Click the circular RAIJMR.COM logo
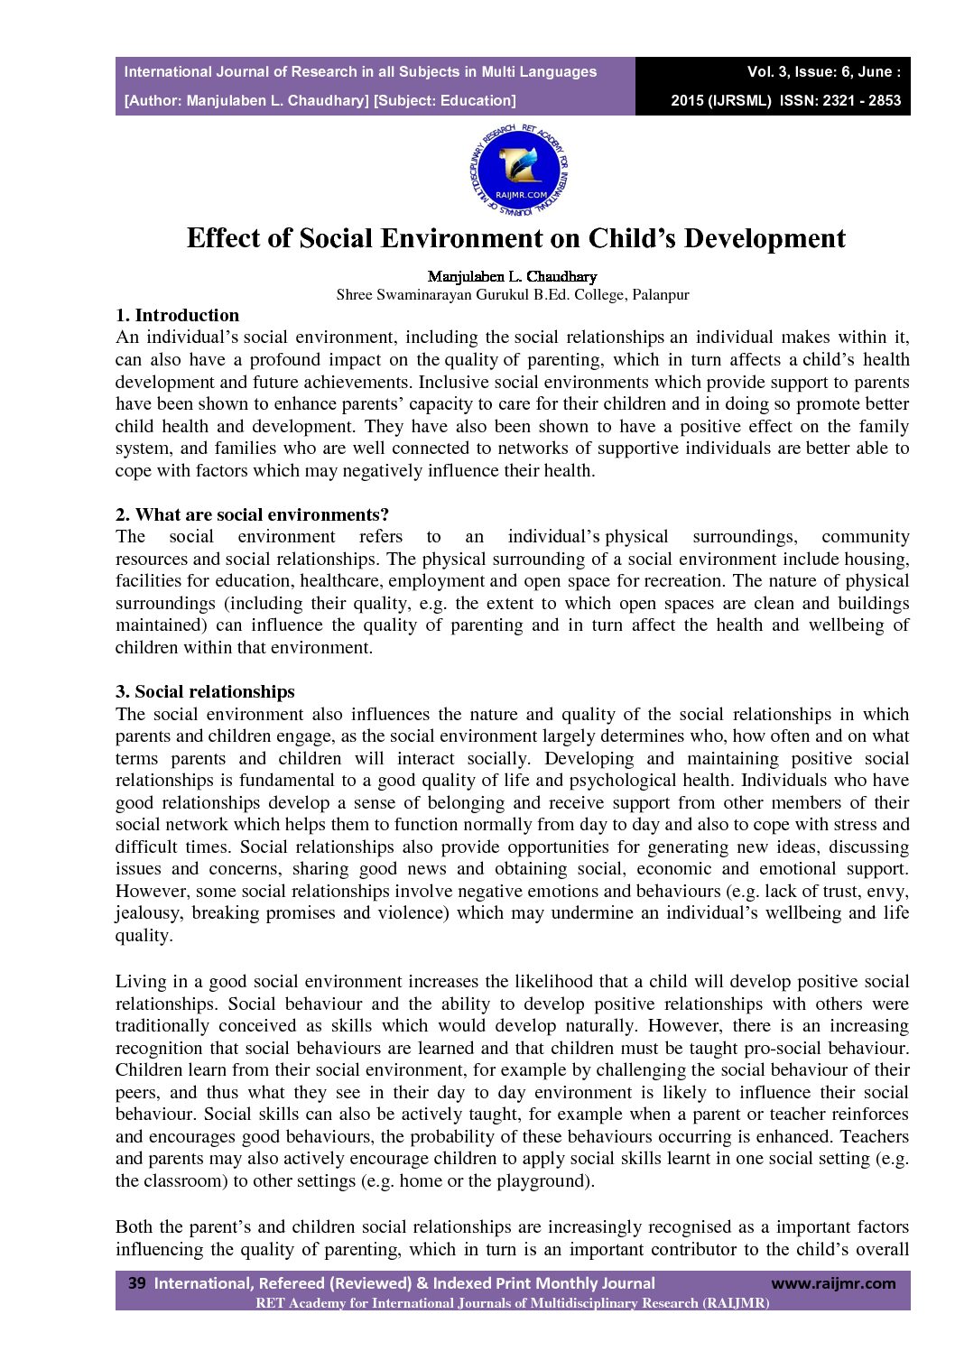pos(519,170)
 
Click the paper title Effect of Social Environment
pos(515,238)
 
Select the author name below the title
pos(512,276)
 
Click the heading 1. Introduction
pos(177,315)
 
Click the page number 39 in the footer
pos(136,1282)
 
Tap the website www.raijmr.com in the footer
pos(832,1282)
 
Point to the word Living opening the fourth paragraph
pos(140,981)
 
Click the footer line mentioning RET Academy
pos(512,1302)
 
